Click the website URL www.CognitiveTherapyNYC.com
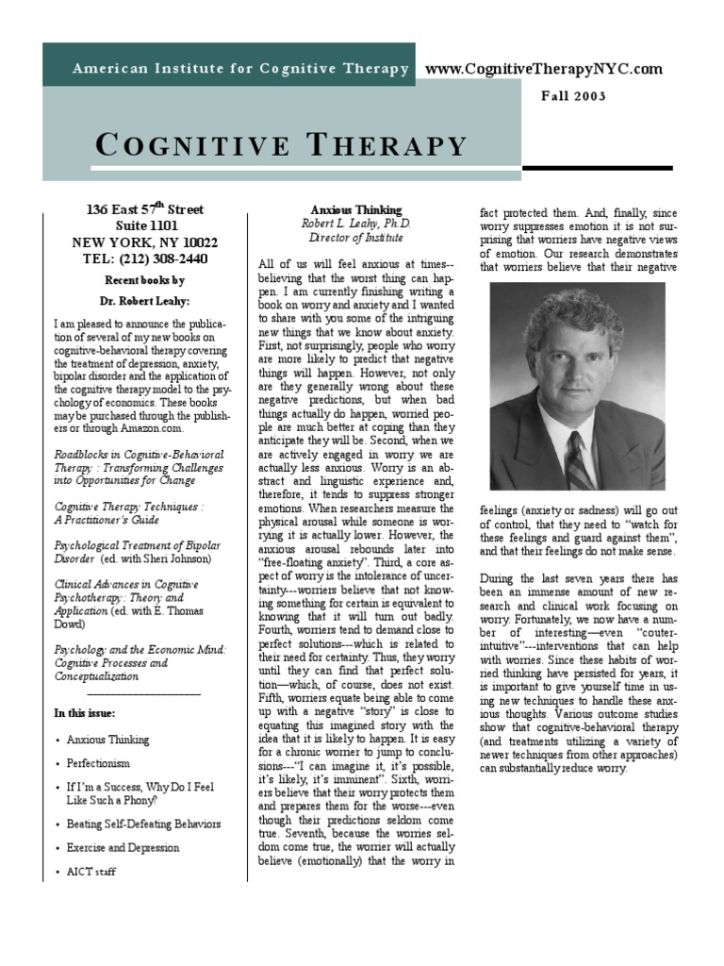pos(544,69)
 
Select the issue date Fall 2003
pos(573,96)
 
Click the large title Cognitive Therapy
pos(282,145)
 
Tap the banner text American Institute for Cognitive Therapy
pos(241,69)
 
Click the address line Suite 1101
pos(145,226)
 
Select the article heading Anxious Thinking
pos(355,209)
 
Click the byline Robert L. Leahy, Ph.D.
pos(355,224)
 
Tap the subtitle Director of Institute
pos(355,238)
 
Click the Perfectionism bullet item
pos(98,763)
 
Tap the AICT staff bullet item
pos(91,872)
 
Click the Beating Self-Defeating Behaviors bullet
pos(143,824)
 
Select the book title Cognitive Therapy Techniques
pos(129,506)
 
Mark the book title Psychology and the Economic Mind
pos(140,649)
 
